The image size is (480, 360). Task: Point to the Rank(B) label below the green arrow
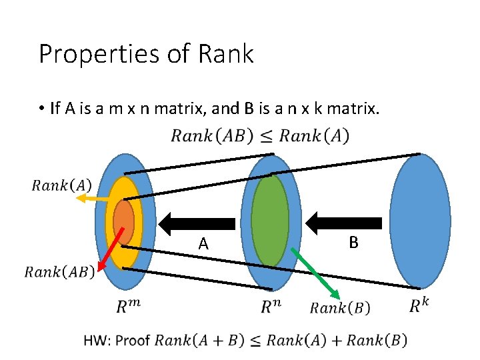(340, 307)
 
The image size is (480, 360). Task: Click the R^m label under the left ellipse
(129, 306)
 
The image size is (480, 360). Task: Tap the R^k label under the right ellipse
(419, 305)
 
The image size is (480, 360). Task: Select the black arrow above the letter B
(347, 223)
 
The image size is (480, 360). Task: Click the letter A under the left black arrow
(203, 245)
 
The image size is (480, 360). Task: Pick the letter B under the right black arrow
(353, 243)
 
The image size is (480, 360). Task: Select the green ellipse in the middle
(270, 220)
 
